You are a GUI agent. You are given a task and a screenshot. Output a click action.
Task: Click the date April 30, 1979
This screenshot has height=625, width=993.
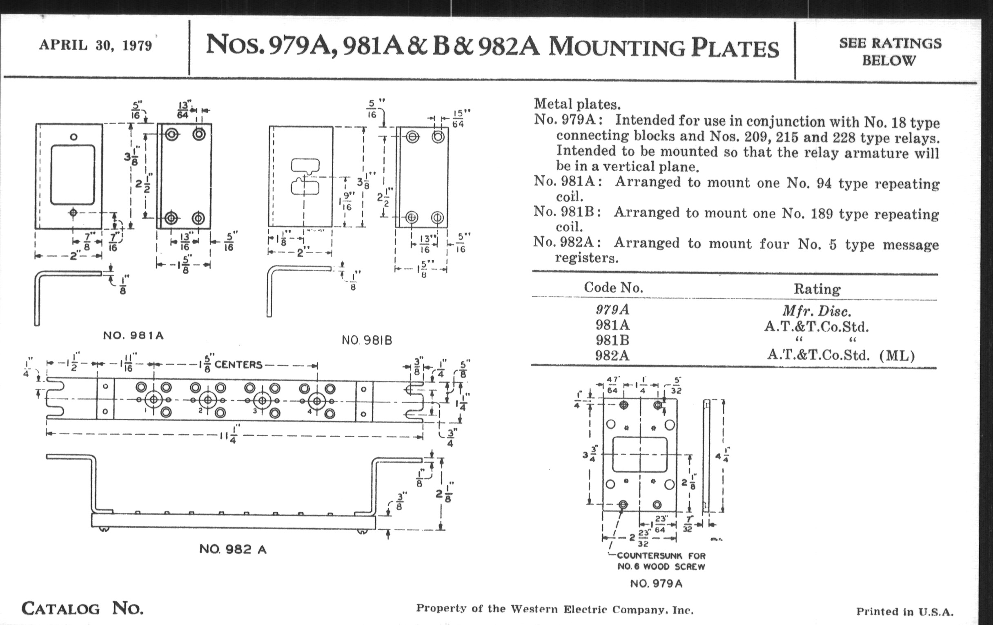96,45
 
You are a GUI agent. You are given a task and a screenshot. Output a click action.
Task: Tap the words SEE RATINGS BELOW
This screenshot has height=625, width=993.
890,51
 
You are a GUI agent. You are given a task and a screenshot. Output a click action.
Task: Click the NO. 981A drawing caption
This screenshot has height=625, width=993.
133,335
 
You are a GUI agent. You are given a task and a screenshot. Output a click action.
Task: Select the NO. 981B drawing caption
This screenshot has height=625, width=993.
367,340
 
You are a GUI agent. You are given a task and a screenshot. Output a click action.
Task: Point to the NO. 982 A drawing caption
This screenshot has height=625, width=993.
233,549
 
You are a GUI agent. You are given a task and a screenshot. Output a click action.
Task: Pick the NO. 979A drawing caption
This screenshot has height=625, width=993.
656,583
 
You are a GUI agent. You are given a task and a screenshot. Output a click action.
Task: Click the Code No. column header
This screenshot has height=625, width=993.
613,287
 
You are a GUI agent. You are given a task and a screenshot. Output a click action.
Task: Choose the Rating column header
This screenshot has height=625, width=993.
817,289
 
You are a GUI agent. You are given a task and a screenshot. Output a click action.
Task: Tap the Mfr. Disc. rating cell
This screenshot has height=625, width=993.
817,310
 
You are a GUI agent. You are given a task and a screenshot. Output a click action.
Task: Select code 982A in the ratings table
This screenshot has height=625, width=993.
612,355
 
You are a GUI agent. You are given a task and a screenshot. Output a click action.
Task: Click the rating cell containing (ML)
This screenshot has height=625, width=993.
840,355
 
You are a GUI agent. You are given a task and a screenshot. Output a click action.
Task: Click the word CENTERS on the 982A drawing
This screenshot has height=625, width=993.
238,365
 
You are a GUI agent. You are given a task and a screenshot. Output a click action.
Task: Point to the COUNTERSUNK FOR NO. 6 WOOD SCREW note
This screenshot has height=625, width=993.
661,561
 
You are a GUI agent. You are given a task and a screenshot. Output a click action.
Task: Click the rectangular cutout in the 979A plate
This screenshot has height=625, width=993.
639,455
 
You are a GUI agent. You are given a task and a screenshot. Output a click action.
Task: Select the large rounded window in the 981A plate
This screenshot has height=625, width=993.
73,174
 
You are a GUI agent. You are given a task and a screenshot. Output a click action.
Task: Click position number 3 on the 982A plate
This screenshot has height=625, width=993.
255,411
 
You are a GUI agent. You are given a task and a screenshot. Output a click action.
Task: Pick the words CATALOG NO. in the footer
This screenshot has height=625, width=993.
82,609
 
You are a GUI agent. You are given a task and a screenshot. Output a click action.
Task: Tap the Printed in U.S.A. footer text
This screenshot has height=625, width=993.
904,612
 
